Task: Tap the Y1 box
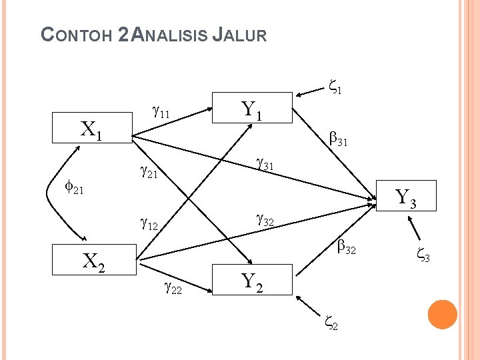251,109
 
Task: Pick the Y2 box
251,281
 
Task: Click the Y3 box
406,197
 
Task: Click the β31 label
339,140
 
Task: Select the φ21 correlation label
73,189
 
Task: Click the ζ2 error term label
331,323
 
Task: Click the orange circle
442,315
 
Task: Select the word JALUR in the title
239,35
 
